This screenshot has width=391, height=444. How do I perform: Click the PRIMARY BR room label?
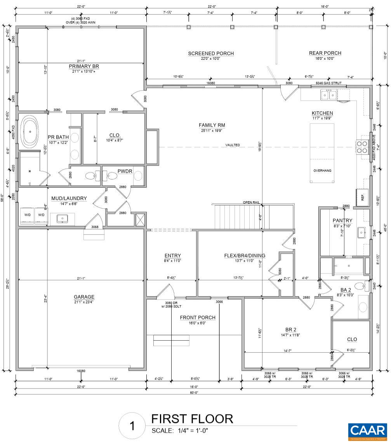tap(85, 66)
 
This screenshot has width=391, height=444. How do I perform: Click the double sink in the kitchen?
tap(328, 94)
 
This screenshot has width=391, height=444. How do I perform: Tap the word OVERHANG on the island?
tap(322, 171)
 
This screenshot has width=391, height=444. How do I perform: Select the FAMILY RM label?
tap(212, 125)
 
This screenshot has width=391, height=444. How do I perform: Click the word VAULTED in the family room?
tap(233, 145)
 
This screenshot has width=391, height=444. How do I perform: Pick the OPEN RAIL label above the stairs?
tap(251, 202)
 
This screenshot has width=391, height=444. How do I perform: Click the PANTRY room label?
tap(342, 221)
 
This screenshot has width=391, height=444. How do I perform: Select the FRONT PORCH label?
tap(197, 317)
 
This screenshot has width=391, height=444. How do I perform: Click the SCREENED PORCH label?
tap(211, 54)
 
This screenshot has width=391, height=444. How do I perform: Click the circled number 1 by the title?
tap(132, 426)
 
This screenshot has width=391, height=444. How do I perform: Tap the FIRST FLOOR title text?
tap(192, 419)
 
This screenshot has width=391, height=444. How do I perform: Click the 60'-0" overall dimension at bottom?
tap(194, 393)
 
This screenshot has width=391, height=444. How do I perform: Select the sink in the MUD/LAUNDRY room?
tap(62, 219)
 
